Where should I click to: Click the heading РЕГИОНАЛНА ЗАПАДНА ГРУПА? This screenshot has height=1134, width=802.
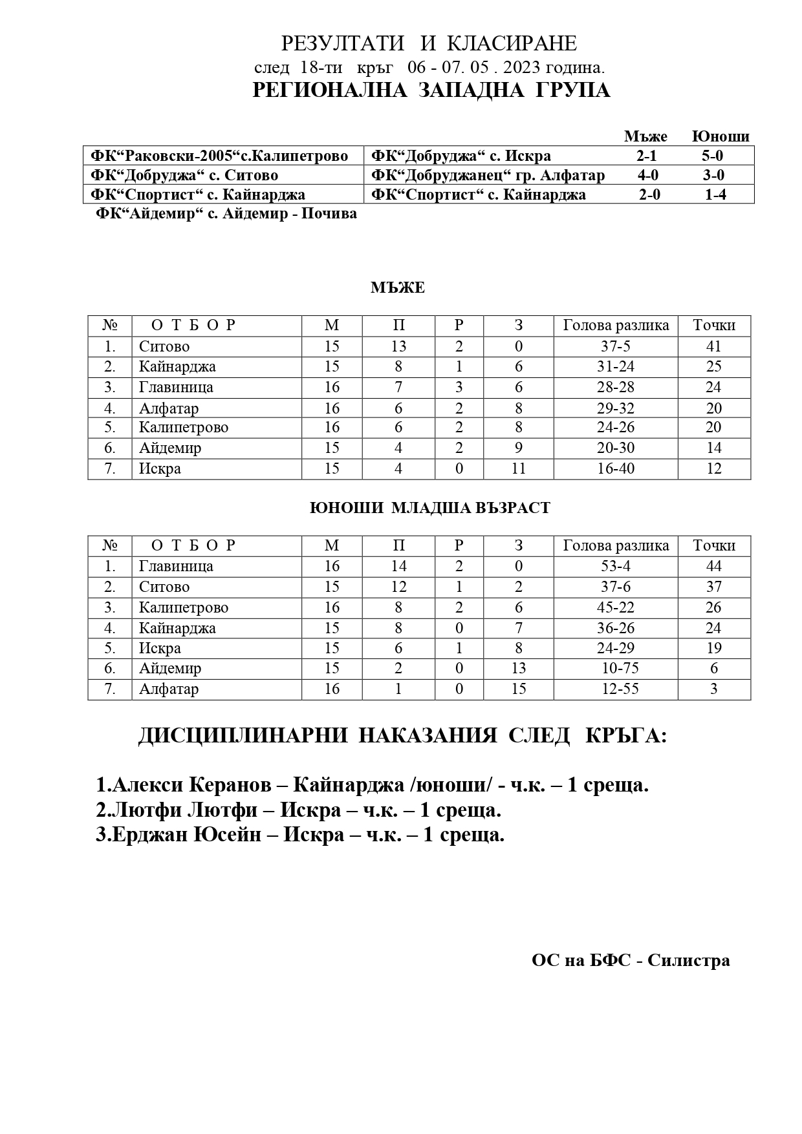[x=431, y=90]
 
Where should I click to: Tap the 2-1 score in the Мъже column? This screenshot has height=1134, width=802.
[x=645, y=156]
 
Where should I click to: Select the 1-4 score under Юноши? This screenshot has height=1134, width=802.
[x=715, y=194]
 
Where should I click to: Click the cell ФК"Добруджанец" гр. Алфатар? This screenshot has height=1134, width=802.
[x=488, y=175]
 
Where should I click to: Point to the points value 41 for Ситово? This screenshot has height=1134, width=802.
[x=713, y=346]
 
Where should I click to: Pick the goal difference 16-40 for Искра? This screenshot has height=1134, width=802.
[x=616, y=468]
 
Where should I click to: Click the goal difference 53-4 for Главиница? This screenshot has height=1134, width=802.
[x=616, y=566]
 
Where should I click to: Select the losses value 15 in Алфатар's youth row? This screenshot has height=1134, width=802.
[x=519, y=689]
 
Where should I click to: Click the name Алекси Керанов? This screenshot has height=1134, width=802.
[x=192, y=785]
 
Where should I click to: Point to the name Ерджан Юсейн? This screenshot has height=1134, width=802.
[x=187, y=835]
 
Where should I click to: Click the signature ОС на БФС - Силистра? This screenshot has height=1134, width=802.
[x=631, y=961]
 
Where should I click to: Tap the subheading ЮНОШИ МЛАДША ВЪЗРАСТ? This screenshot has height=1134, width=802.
[x=430, y=508]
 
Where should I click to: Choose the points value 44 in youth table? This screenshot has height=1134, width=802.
[x=713, y=566]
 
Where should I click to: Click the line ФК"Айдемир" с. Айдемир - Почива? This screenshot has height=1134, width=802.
[x=226, y=214]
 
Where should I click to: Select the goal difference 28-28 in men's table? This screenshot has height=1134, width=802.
[x=616, y=387]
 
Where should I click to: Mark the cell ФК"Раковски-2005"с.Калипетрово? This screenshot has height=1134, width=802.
[x=219, y=156]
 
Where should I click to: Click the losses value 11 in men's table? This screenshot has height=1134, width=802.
[x=519, y=468]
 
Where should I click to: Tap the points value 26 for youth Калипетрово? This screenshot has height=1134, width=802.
[x=713, y=607]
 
